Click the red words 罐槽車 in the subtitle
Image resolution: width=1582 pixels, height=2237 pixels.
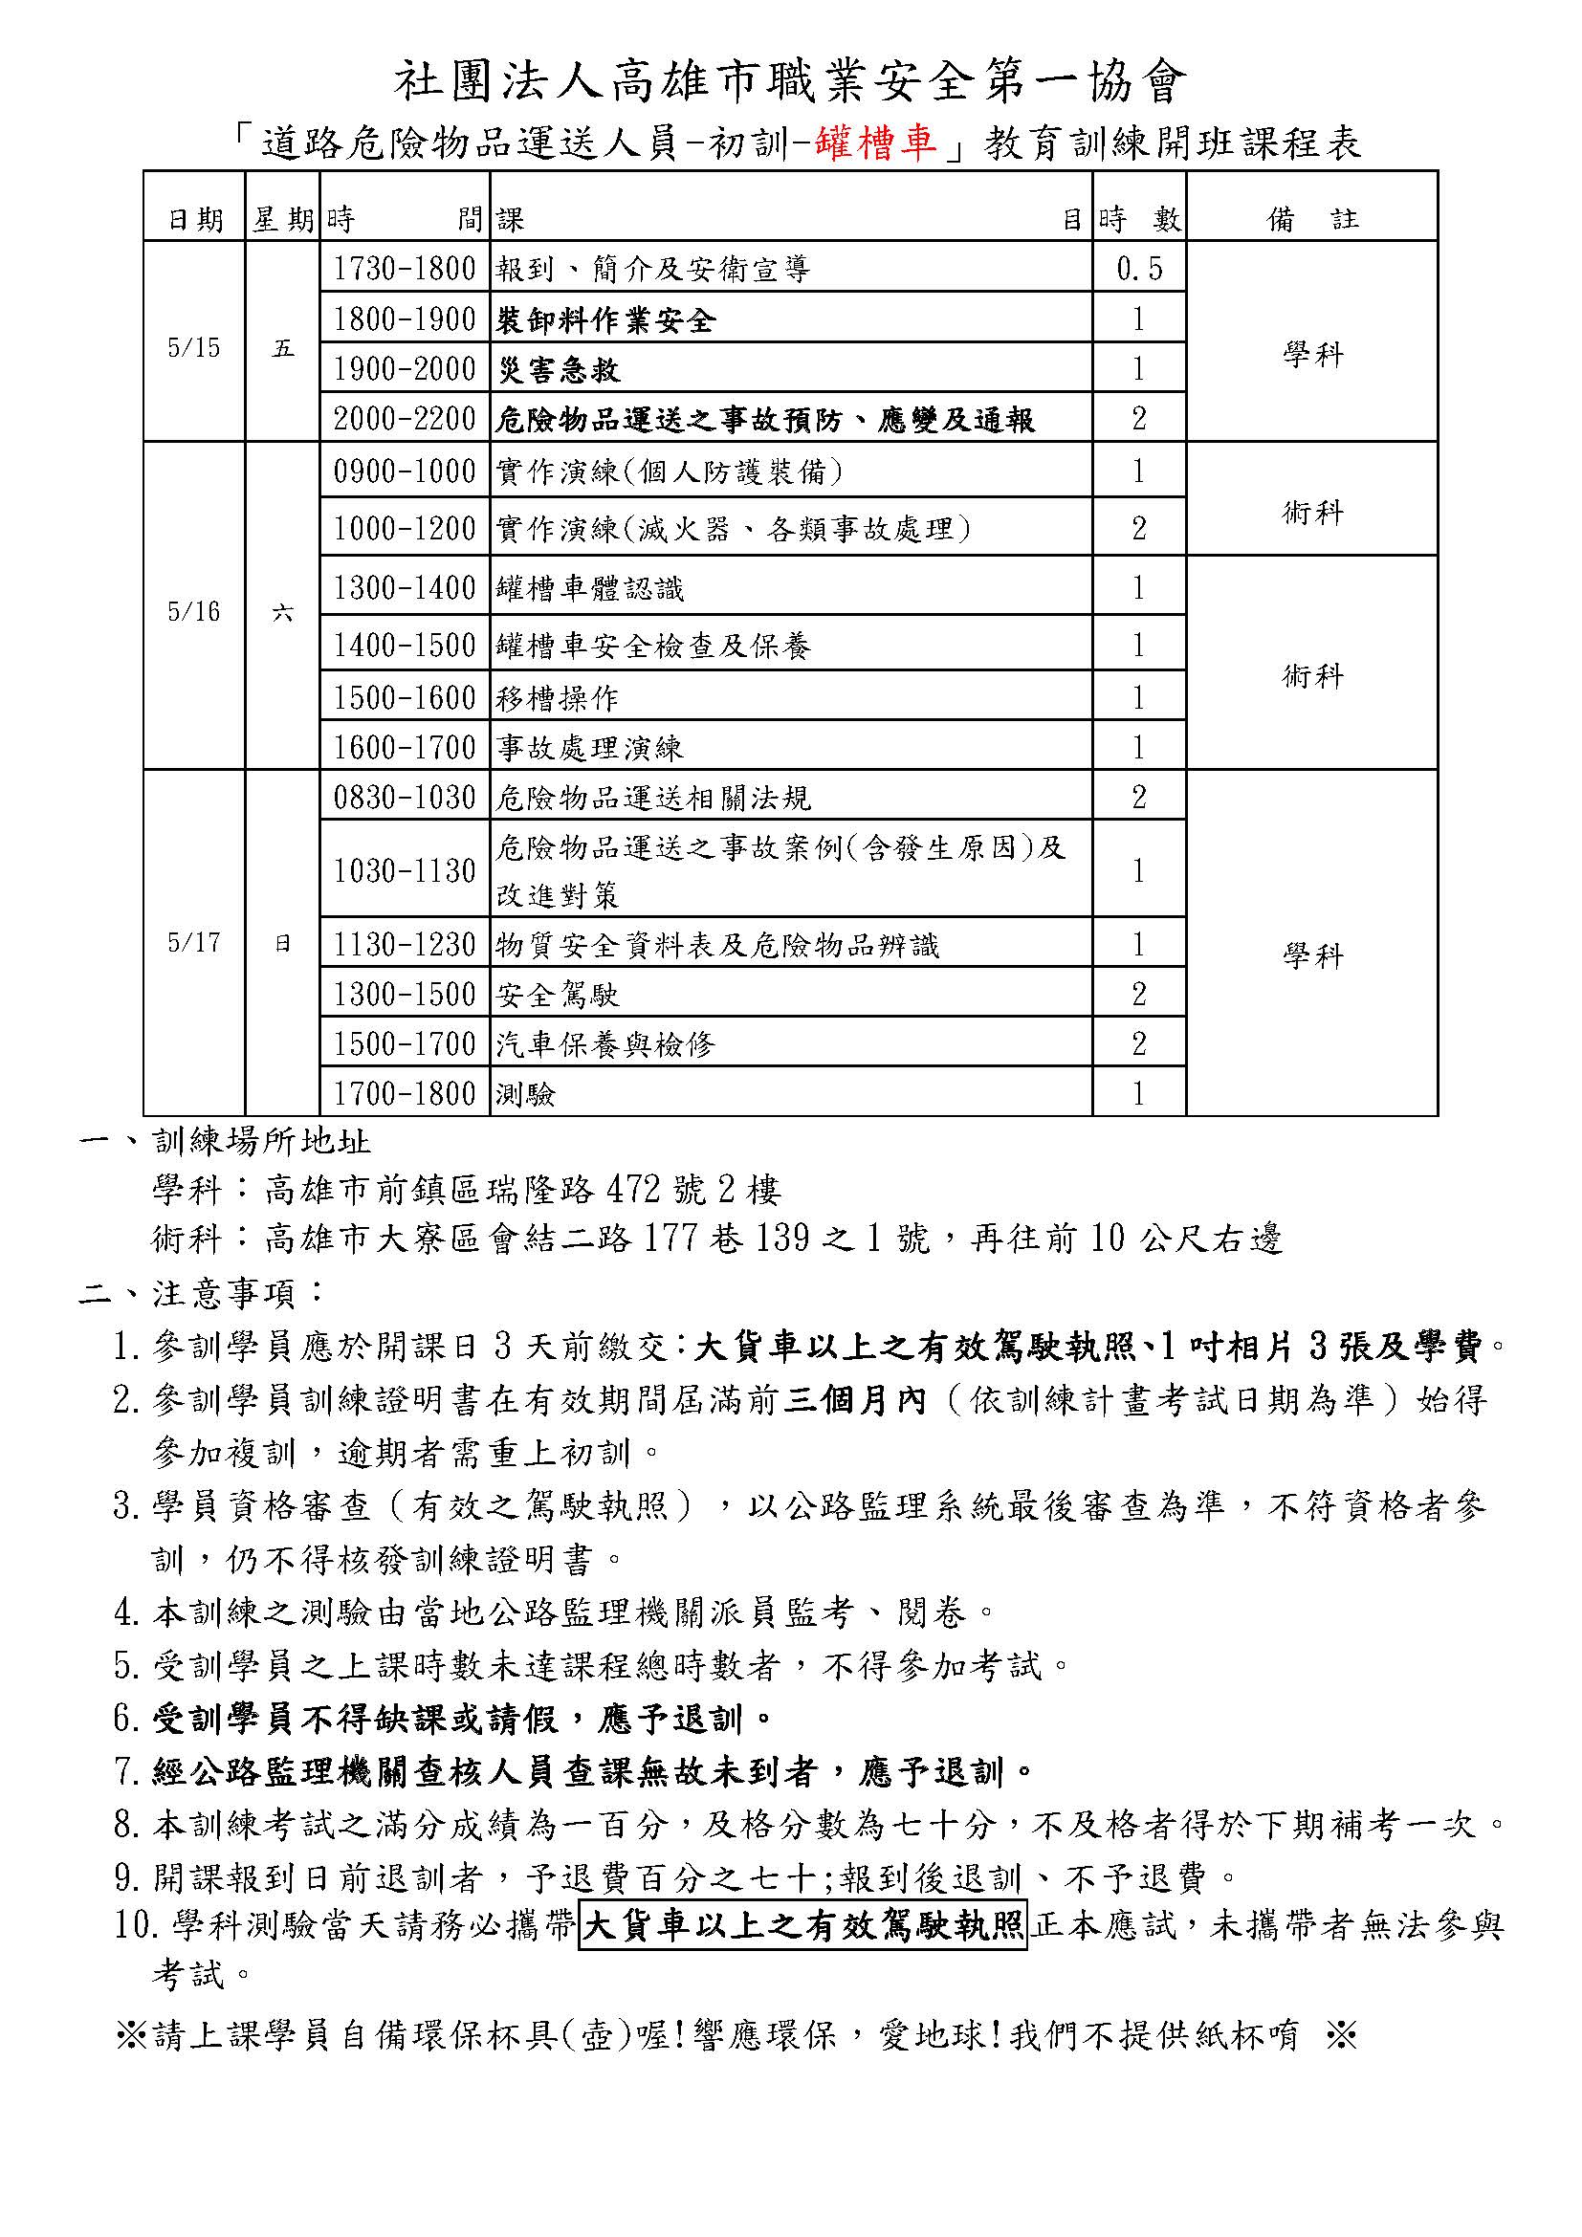coord(878,142)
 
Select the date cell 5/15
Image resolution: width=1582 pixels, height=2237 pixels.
coord(194,348)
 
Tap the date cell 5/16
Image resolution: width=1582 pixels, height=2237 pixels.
coord(194,612)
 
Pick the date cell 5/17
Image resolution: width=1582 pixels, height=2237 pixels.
coord(194,942)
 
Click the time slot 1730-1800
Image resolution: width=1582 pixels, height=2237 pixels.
coord(405,268)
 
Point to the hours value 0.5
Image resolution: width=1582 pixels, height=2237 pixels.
coord(1139,268)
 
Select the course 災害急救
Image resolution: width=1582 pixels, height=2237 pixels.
coord(559,369)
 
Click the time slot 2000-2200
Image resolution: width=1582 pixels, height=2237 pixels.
coord(405,419)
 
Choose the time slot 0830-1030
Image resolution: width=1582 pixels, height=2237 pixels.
coord(405,797)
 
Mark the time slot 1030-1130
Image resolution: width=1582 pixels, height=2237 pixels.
coord(405,870)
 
